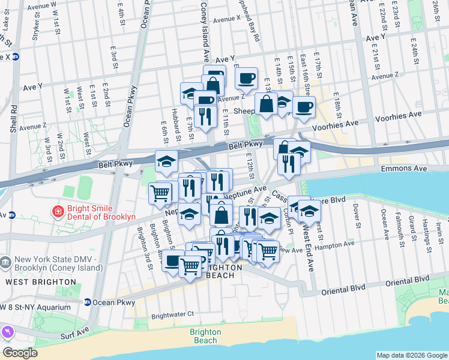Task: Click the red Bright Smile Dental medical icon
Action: coord(58,211)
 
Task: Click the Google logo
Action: coord(20,353)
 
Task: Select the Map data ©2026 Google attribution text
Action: coord(411,355)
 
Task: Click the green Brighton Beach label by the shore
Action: coord(205,336)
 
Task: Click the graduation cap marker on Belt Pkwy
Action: coord(166,161)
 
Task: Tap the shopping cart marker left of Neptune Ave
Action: coord(160,192)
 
